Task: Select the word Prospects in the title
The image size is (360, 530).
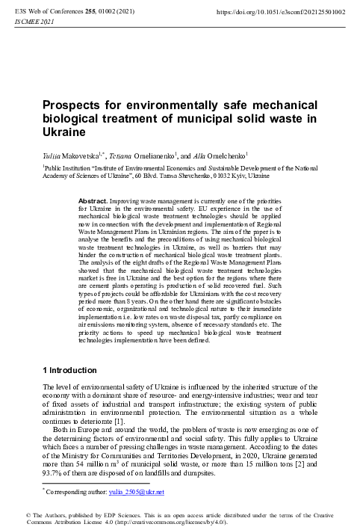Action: coord(73,106)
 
